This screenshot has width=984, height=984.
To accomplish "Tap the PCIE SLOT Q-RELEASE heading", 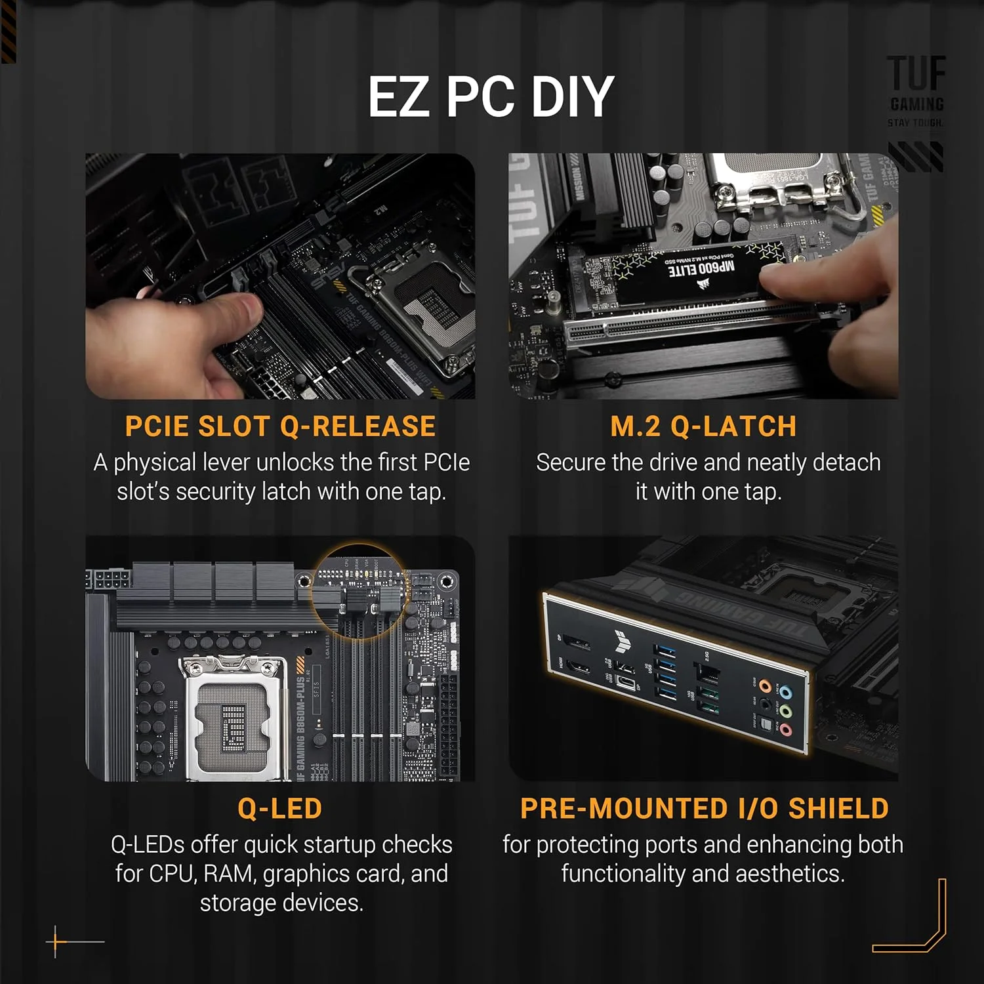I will click(x=280, y=426).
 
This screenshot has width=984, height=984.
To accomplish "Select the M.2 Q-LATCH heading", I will click(x=703, y=426).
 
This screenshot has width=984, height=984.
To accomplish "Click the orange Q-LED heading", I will click(x=280, y=808).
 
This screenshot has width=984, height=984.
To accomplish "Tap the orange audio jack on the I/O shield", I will click(x=765, y=686).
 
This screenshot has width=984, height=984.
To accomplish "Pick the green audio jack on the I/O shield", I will click(x=786, y=711).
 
